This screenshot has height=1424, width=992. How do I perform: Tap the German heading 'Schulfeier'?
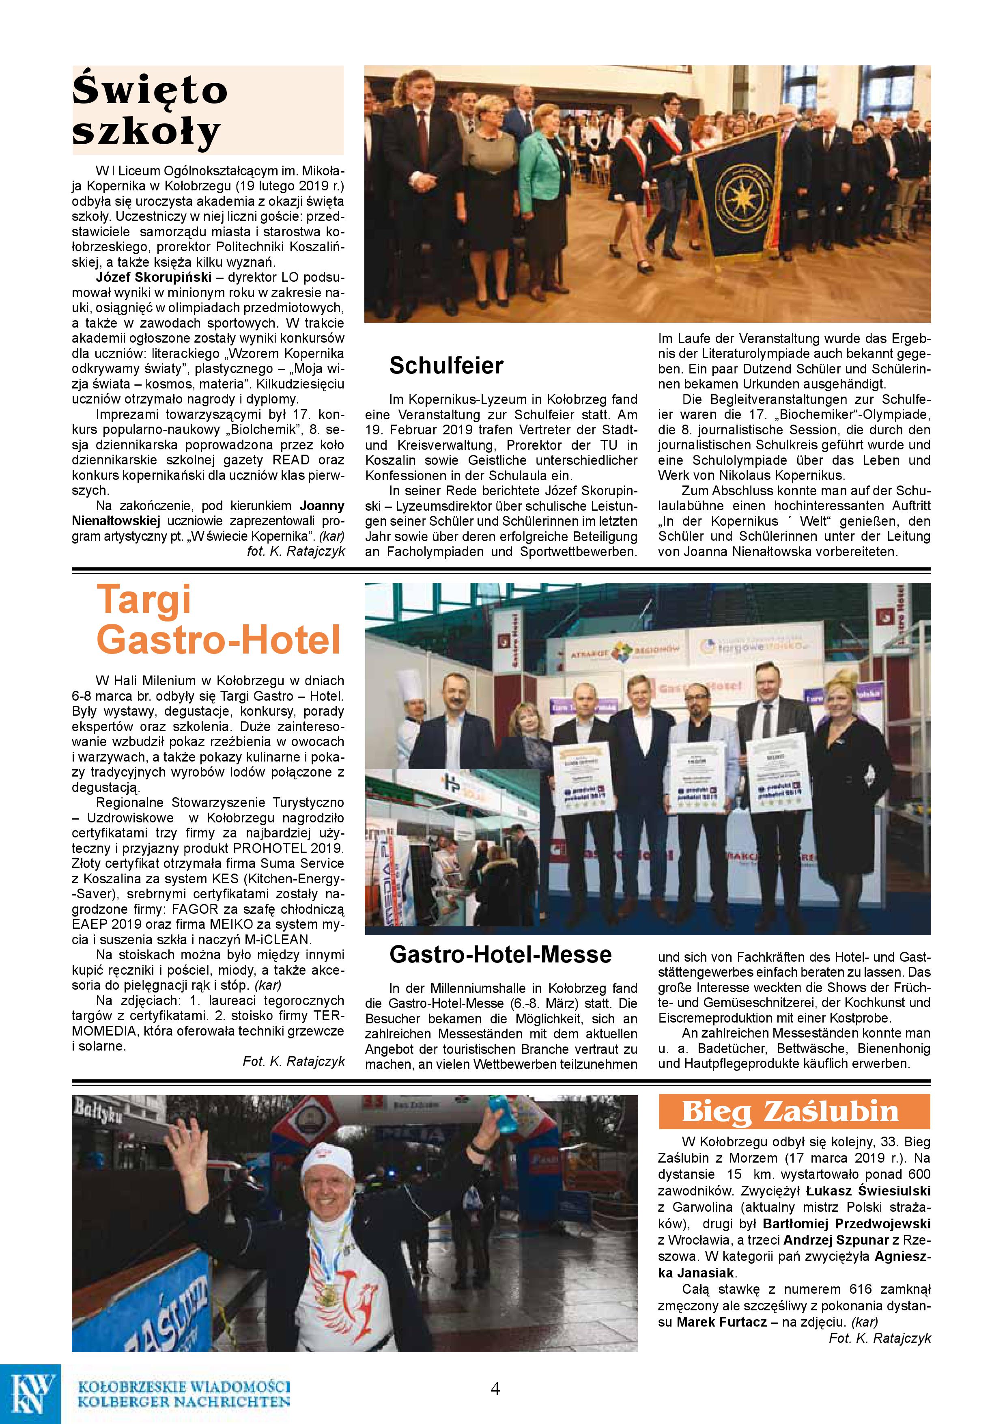tap(446, 366)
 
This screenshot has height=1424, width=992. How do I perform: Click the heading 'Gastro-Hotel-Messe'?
tap(500, 954)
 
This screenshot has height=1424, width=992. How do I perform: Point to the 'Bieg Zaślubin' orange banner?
tap(794, 1111)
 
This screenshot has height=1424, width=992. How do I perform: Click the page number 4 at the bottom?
tap(495, 1388)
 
